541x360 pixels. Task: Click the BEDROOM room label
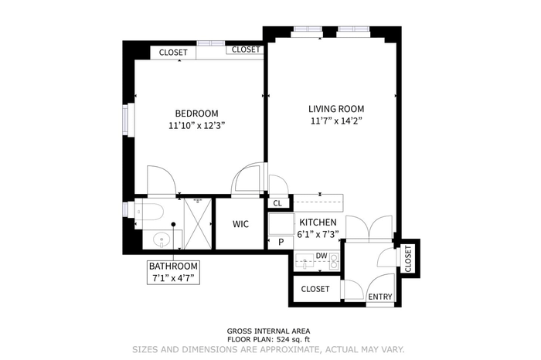point(196,113)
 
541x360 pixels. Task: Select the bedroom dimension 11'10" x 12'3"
point(196,125)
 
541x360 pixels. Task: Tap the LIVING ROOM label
point(336,109)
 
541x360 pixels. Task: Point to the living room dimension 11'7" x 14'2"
point(336,121)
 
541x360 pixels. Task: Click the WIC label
point(240,224)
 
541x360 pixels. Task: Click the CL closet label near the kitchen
point(277,203)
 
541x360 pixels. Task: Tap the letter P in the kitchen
point(281,242)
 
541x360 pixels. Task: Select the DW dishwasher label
point(322,256)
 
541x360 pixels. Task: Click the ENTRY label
point(379,297)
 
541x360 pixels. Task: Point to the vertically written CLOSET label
point(408,258)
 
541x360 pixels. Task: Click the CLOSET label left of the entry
point(315,289)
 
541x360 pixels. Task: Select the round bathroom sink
point(162,239)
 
